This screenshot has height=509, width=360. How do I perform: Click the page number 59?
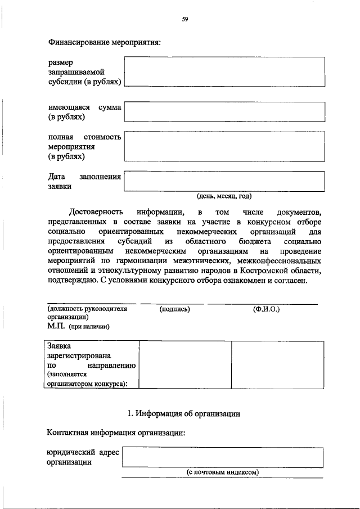tap(184, 20)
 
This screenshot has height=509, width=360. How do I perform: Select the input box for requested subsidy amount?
tap(224, 71)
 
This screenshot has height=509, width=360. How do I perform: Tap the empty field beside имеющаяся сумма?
tap(224, 111)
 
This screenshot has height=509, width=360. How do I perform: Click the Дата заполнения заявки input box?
tap(224, 181)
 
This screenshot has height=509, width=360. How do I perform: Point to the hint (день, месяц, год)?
tap(224, 196)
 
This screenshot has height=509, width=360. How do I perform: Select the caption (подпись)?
tap(174, 309)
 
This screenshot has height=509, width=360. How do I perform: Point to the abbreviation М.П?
tap(57, 326)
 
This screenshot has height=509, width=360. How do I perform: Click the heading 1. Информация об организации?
tap(184, 413)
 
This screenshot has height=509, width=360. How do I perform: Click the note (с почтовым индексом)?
tap(222, 472)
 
